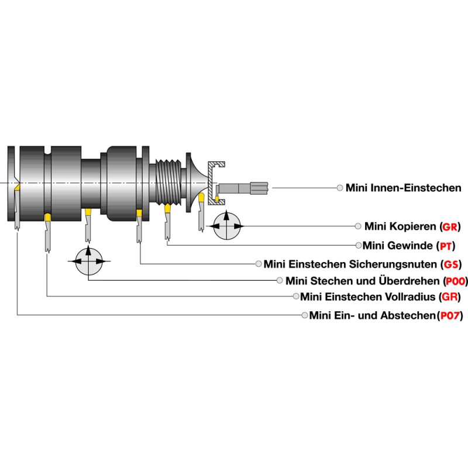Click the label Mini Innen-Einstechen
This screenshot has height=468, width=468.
click(403, 188)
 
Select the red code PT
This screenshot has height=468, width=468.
click(447, 245)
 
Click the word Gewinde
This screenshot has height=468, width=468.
click(409, 245)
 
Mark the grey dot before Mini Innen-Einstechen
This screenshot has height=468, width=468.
click(340, 188)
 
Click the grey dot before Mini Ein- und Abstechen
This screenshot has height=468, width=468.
click(304, 316)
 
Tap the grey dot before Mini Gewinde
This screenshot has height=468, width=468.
click(358, 245)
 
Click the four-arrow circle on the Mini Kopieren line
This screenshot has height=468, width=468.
click(226, 226)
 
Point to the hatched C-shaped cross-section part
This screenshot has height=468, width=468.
click(218, 182)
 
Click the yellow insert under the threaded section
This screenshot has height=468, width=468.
click(168, 208)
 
